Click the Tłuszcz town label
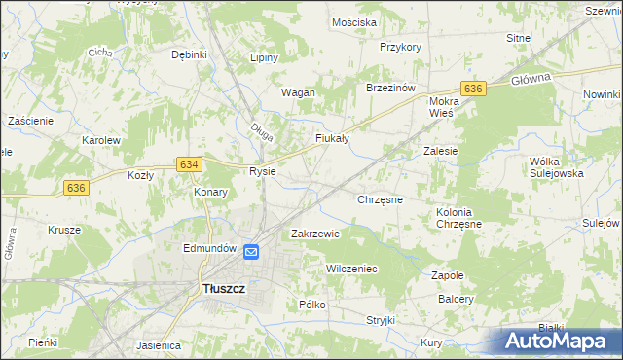223,289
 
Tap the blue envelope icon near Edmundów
251,252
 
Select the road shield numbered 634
190,164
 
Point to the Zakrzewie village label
315,234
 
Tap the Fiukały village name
332,139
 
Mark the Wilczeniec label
351,268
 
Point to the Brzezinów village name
390,88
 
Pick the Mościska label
353,21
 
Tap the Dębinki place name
189,54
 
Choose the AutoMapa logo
559,342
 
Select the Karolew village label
100,140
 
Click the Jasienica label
160,344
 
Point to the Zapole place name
448,275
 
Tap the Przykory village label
400,47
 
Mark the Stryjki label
380,319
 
